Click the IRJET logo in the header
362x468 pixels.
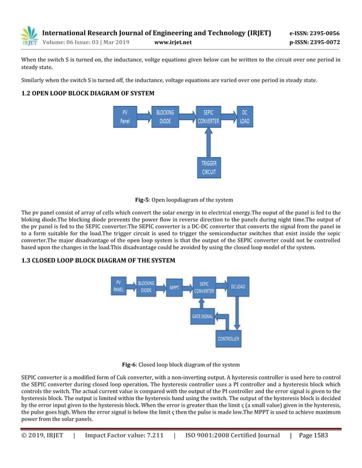(28, 36)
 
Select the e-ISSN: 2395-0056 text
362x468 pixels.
(314, 33)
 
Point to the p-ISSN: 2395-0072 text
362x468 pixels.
(314, 42)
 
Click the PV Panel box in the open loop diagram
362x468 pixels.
(125, 117)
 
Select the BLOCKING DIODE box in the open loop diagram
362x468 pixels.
(165, 117)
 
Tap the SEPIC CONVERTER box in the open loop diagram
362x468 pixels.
(208, 117)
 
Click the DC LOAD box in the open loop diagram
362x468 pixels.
(245, 117)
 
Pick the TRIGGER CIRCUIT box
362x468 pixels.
(208, 167)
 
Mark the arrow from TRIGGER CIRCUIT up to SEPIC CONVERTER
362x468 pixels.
(208, 142)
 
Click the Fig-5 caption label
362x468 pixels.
(142, 199)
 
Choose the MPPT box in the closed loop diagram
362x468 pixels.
(175, 287)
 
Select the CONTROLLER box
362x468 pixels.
(229, 339)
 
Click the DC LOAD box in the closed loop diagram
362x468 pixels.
(237, 287)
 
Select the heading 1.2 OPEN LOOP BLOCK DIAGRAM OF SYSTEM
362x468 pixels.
(87, 92)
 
